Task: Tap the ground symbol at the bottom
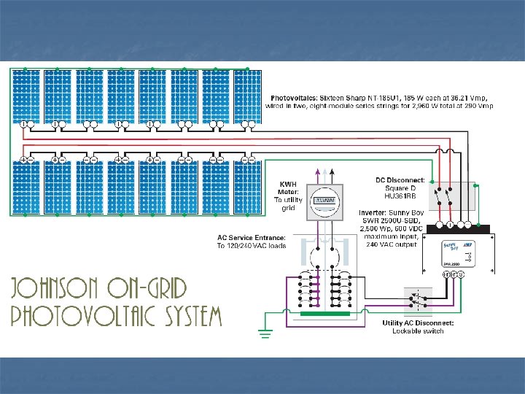tap(265, 333)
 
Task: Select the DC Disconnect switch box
tap(452, 197)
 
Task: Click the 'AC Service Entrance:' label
tap(252, 237)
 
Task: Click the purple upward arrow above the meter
tap(316, 172)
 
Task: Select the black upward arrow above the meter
tap(332, 172)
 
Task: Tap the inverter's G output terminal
tap(462, 274)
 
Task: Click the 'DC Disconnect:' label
tap(400, 179)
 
